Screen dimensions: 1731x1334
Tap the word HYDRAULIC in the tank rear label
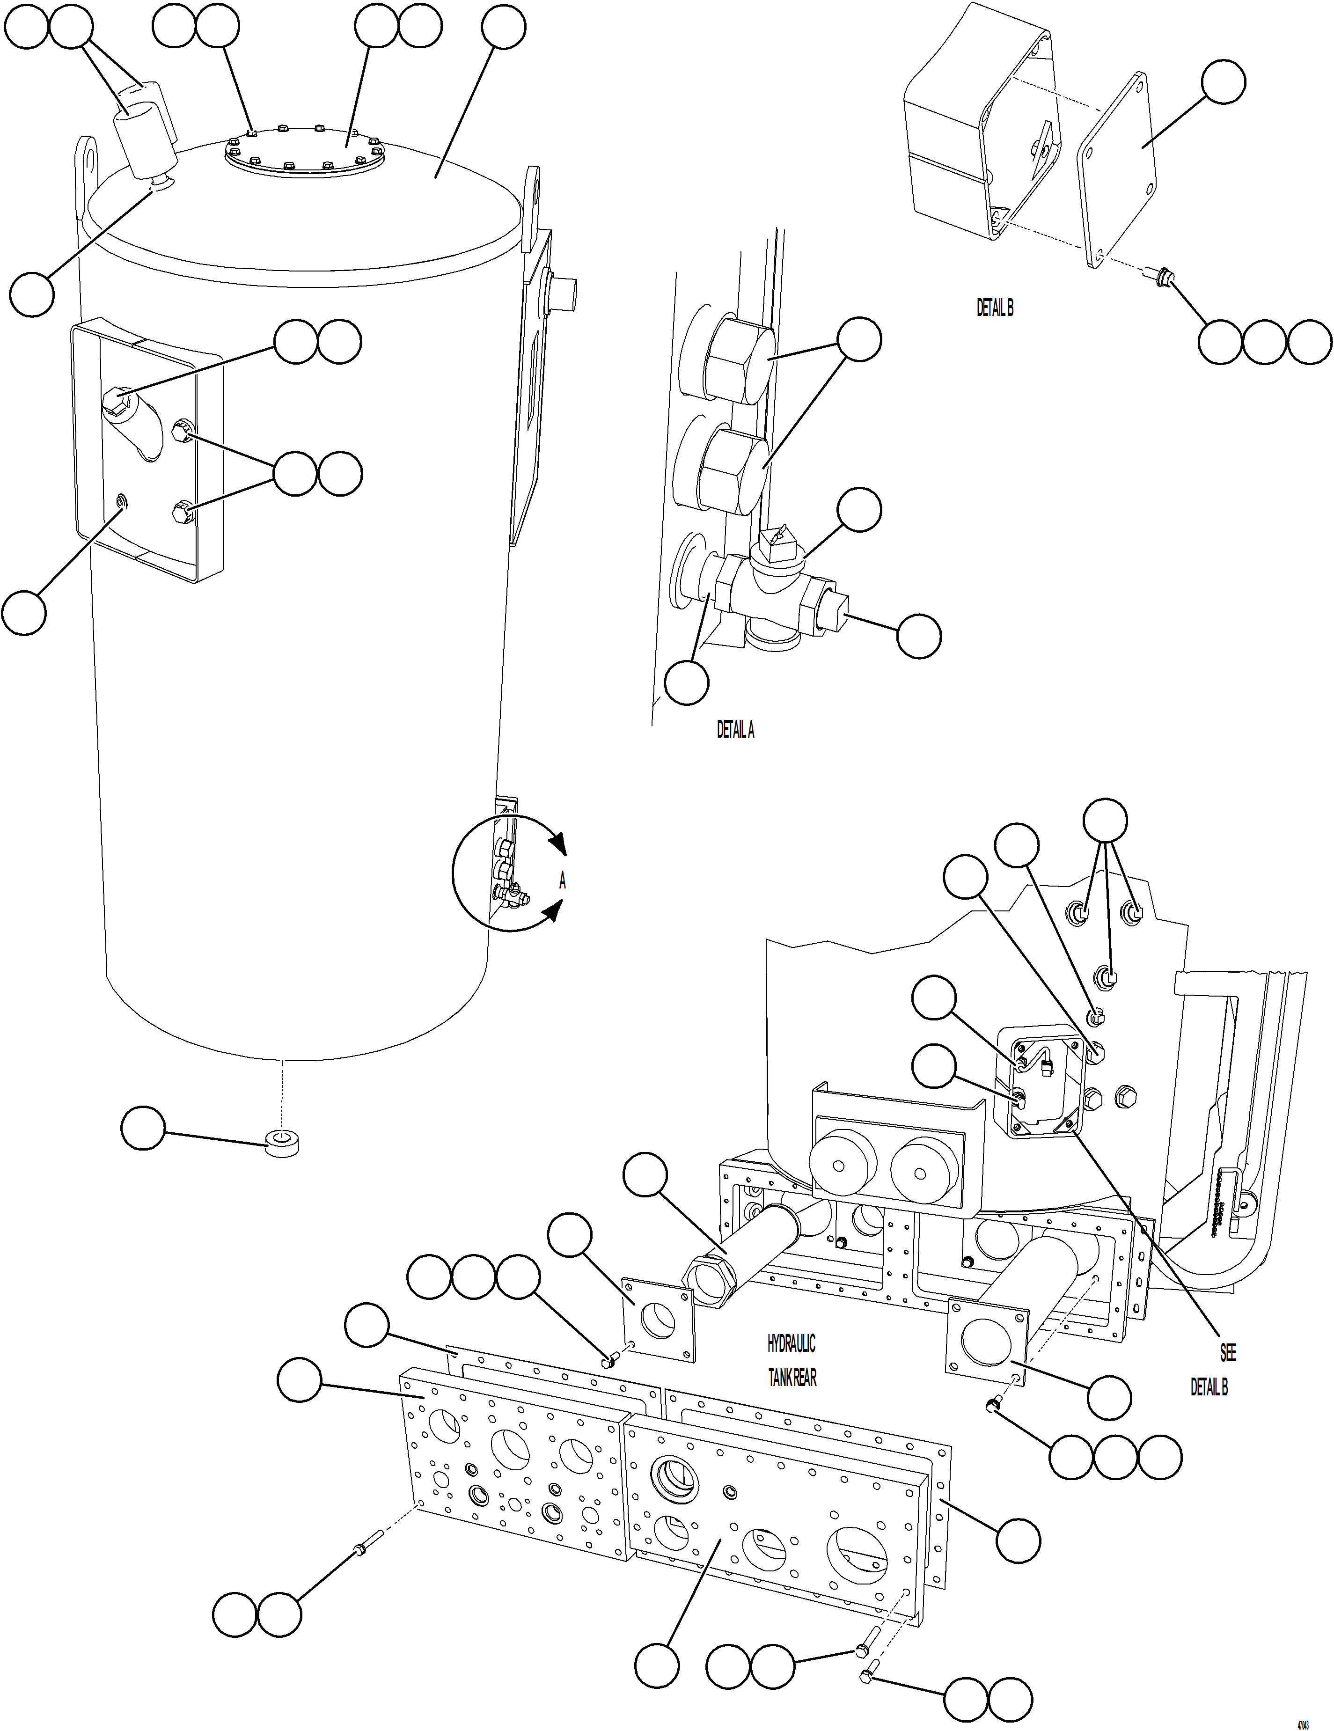(790, 1343)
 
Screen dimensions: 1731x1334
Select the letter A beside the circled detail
(562, 880)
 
